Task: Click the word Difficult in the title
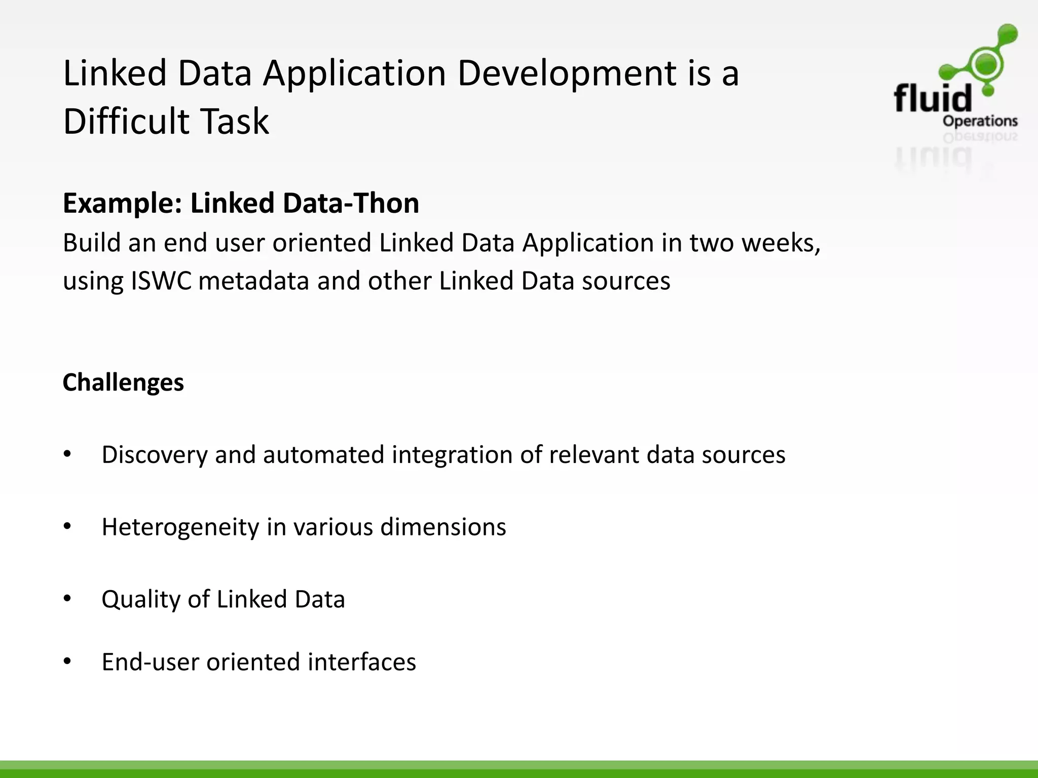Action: tap(125, 122)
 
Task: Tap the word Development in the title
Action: tap(566, 73)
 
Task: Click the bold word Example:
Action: tap(122, 204)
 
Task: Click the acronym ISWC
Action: tap(161, 281)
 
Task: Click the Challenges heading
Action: tap(123, 382)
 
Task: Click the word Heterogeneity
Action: tap(180, 527)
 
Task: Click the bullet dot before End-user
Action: tap(67, 662)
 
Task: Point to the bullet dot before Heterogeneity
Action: tap(67, 527)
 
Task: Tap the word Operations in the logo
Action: tap(980, 122)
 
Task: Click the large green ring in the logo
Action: tap(986, 63)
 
